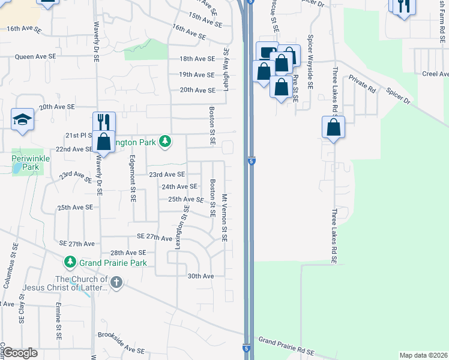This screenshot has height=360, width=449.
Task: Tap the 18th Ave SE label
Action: point(196,59)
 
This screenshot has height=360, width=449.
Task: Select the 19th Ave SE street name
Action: point(196,74)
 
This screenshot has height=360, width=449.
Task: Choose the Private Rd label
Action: point(362,84)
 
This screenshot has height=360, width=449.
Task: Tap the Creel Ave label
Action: point(435,74)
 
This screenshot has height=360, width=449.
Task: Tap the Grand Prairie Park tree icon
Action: point(70,262)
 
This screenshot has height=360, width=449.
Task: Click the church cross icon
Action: point(116,281)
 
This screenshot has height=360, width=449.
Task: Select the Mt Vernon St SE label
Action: point(224,217)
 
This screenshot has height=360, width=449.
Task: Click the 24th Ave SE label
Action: point(179,187)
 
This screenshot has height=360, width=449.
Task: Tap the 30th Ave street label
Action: point(200,276)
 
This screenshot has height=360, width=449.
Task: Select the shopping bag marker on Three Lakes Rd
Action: point(333,127)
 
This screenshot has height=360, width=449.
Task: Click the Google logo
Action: point(20,353)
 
